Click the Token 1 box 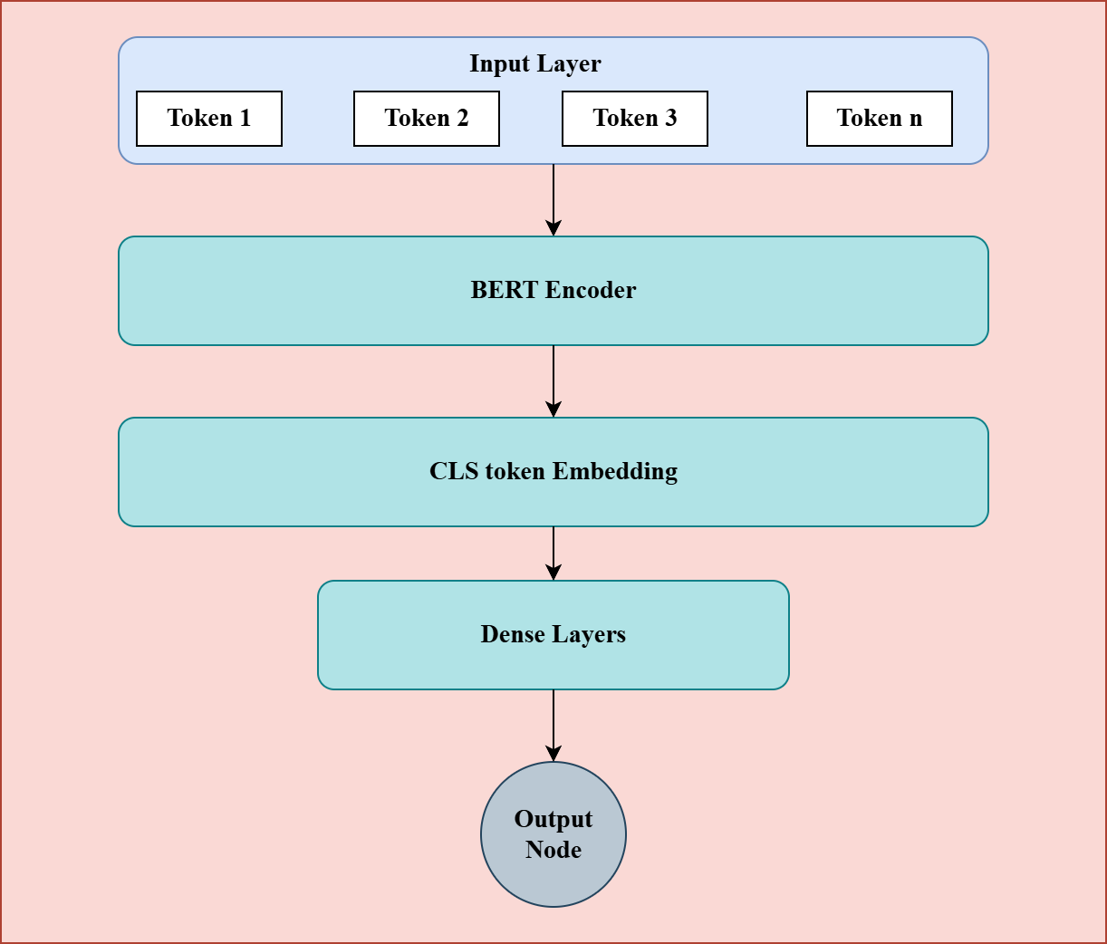(209, 119)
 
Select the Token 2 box (427, 119)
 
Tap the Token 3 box (635, 119)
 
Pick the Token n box (880, 119)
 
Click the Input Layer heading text (534, 64)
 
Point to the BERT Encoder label (553, 290)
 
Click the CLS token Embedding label (553, 471)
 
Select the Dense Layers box (553, 635)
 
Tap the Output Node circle (553, 834)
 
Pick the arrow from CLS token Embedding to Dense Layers (553, 554)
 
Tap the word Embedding (615, 472)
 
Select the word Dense (513, 634)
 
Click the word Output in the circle (553, 819)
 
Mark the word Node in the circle (553, 850)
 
